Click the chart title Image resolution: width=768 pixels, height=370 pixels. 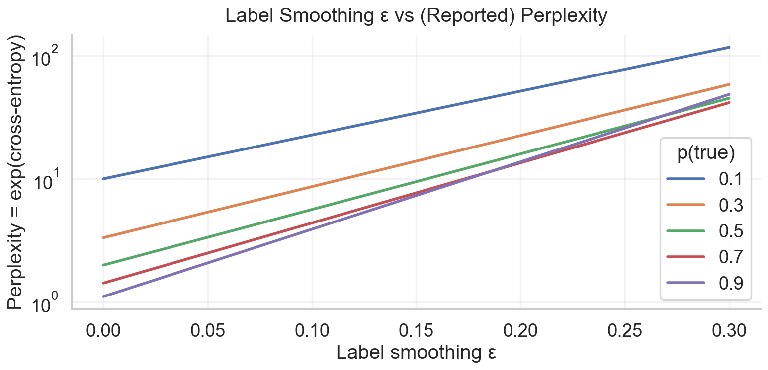coord(416,16)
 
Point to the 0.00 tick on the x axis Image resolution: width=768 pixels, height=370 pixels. coord(103,330)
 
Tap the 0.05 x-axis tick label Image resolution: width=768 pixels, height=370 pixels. coord(208,330)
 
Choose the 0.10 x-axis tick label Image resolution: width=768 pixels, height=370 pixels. coord(312,330)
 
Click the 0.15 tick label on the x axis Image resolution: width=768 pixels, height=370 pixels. coord(416,330)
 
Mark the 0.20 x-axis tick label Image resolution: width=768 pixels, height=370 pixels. coord(520,330)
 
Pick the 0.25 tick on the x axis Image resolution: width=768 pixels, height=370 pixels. coord(624,330)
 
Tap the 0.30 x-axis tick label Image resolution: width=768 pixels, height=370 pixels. coord(729,330)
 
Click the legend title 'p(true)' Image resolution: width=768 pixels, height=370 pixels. coord(706,154)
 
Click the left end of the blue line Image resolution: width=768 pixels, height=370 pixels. coord(103,179)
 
